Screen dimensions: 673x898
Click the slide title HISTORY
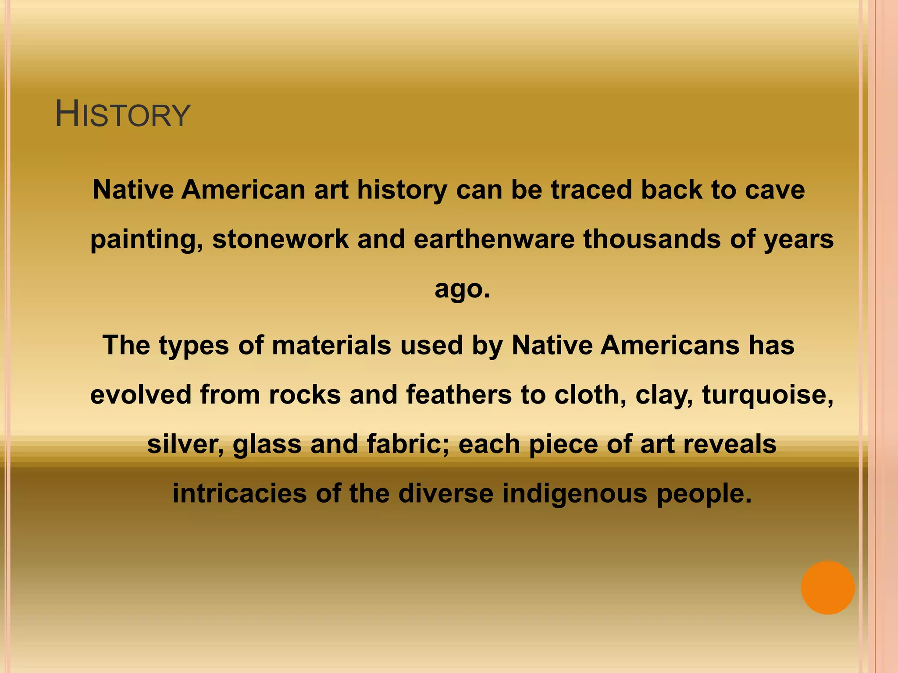123,115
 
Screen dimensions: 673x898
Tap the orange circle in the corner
827,588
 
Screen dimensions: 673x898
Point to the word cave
775,190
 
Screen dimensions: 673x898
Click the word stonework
281,239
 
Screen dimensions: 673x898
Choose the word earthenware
494,239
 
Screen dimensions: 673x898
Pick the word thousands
652,239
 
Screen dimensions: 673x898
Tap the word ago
461,289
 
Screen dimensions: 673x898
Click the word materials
331,345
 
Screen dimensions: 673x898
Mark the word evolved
141,394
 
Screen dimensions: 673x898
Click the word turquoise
767,394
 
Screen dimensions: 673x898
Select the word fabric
408,444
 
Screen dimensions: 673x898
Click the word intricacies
239,493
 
